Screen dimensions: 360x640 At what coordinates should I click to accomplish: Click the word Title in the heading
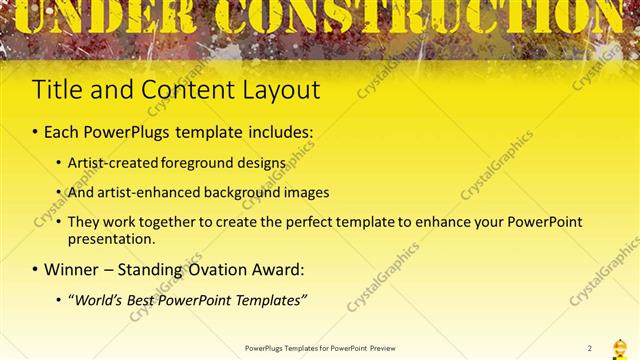click(x=55, y=89)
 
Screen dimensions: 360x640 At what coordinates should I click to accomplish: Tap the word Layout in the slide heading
click(x=281, y=90)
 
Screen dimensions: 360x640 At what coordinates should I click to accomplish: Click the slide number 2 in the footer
click(x=590, y=347)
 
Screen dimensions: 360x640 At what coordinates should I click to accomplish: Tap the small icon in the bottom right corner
click(x=619, y=346)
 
